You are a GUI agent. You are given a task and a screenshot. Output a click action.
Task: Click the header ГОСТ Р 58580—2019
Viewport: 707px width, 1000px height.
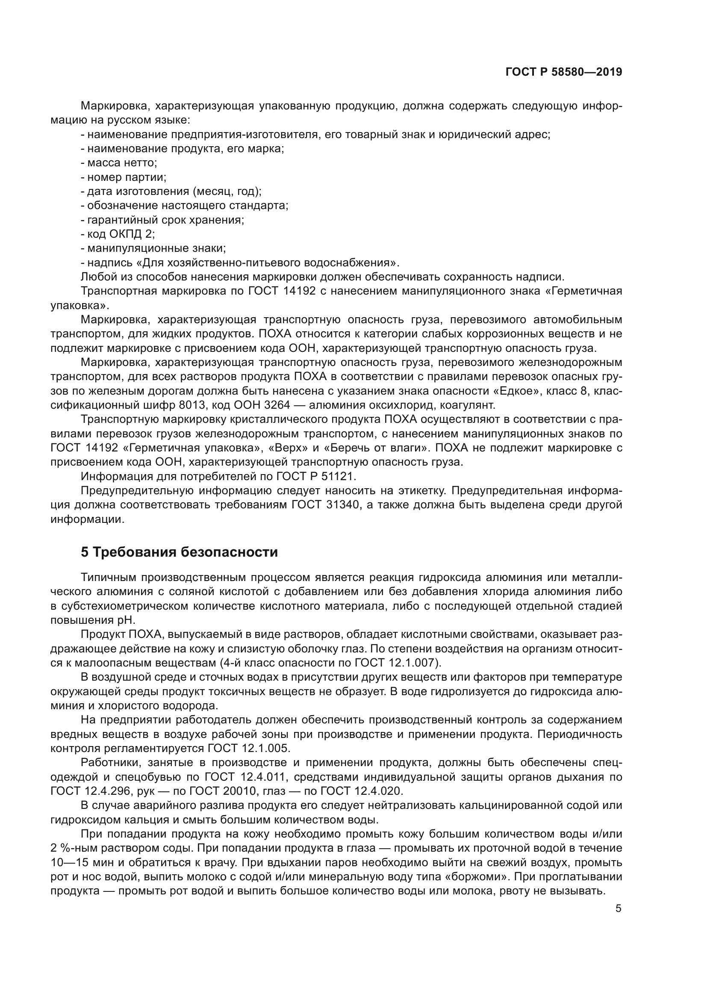tap(563, 72)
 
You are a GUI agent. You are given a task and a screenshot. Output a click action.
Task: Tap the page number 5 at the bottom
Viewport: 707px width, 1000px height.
tap(618, 909)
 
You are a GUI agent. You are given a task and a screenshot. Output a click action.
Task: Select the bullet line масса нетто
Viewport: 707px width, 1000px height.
tap(118, 163)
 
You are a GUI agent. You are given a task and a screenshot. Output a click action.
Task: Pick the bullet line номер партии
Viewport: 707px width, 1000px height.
tap(123, 177)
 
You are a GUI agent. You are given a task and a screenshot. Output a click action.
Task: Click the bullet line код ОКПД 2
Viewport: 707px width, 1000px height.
tap(118, 234)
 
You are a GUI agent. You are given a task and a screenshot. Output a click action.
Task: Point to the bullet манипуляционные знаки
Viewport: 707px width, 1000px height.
tap(153, 248)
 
